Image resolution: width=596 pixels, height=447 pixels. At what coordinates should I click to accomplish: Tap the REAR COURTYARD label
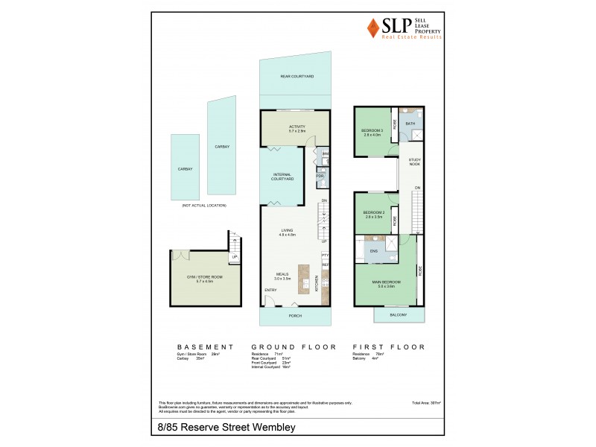click(297, 77)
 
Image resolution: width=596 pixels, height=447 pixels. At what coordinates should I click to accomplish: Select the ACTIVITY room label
click(297, 128)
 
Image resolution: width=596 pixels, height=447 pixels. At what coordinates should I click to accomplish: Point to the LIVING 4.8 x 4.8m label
click(288, 232)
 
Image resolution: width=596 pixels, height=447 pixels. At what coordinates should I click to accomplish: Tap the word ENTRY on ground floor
click(270, 291)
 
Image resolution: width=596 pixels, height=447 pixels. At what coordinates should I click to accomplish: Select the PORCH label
click(297, 315)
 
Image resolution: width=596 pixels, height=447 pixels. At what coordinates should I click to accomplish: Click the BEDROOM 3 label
click(372, 133)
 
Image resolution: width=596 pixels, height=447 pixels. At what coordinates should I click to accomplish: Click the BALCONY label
click(399, 315)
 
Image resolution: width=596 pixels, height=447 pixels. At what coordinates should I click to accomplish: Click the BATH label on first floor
click(410, 124)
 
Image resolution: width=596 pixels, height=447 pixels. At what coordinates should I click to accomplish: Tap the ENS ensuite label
click(373, 252)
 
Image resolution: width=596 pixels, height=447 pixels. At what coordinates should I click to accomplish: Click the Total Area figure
click(426, 402)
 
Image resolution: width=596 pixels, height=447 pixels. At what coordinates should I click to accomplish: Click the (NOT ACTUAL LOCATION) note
click(203, 205)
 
